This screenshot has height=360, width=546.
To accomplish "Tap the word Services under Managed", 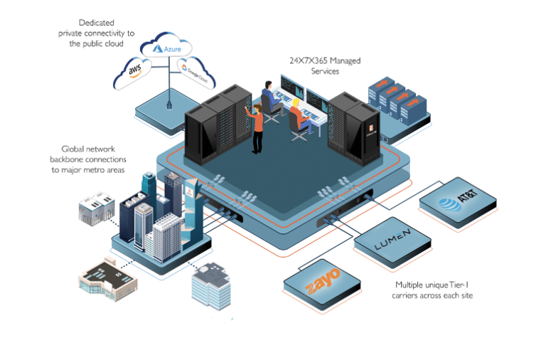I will coord(324,71).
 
